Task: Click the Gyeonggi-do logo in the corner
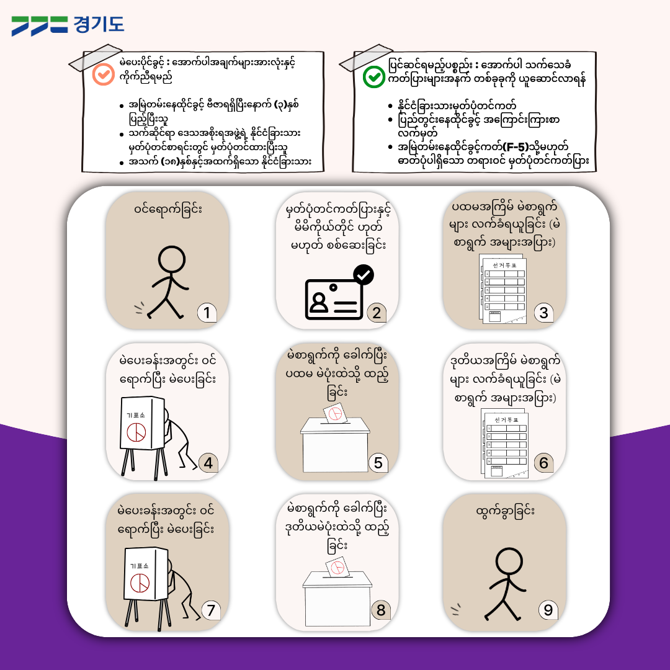point(68,25)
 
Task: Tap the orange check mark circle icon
point(104,74)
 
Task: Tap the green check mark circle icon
point(374,77)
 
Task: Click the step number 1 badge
point(207,312)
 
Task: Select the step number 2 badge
point(377,312)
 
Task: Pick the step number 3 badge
point(543,312)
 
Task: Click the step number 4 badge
point(208,463)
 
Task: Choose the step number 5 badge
point(378,463)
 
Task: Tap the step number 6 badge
point(543,463)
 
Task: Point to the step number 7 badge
point(211,610)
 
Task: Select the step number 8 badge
point(381,610)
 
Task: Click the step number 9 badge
point(548,610)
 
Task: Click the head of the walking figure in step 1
point(171,259)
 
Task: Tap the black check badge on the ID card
point(364,275)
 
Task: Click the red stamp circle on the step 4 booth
point(136,432)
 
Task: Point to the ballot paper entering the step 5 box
point(334,413)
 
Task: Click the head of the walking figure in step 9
point(509,561)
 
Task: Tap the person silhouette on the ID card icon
point(318,301)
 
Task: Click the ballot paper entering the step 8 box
point(337,568)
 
